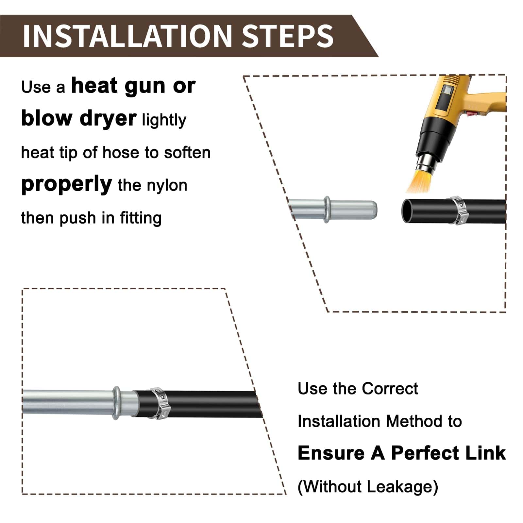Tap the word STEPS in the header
[288, 36]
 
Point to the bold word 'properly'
[67, 184]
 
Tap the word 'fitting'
[141, 218]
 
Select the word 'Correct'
[390, 389]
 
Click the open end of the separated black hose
[407, 211]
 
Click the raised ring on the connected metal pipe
[116, 403]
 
